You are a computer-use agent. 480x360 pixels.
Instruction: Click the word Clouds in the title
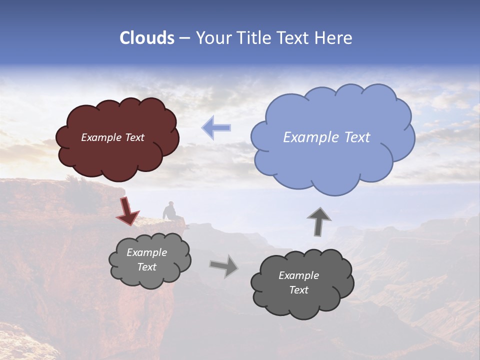pyautogui.click(x=147, y=38)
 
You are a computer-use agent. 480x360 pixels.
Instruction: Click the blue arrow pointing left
pyautogui.click(x=216, y=127)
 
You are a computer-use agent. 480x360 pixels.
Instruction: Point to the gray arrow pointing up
pyautogui.click(x=319, y=221)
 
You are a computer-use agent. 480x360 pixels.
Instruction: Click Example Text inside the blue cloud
pyautogui.click(x=326, y=137)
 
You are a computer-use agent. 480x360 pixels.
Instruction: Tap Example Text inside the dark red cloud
pyautogui.click(x=112, y=137)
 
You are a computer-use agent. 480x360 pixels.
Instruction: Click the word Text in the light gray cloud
pyautogui.click(x=147, y=267)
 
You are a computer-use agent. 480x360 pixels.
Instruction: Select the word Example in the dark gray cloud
pyautogui.click(x=298, y=275)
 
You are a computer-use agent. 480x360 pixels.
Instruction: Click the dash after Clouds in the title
pyautogui.click(x=184, y=38)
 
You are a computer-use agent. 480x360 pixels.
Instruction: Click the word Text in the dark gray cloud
pyautogui.click(x=298, y=290)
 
